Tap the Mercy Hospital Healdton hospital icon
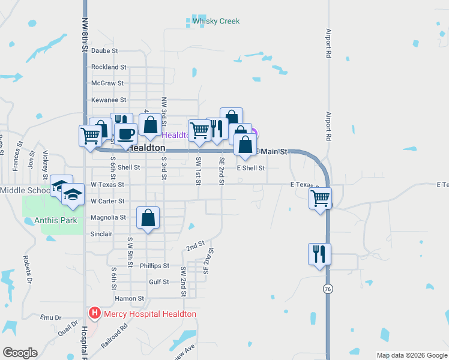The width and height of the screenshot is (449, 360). [x=95, y=313]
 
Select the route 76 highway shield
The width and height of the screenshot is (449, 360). [x=327, y=289]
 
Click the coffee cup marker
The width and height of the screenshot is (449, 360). [x=125, y=134]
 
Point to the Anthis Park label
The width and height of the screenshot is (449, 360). [x=51, y=221]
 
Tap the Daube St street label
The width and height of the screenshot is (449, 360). [x=104, y=51]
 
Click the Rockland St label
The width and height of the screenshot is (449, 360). [x=109, y=67]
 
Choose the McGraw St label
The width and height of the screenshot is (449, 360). [x=107, y=83]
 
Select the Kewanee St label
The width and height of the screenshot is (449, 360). [x=108, y=100]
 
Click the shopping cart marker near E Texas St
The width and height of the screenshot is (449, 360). [x=321, y=197]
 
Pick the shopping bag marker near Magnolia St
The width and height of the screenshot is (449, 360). [x=148, y=218]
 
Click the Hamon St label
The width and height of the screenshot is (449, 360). [x=130, y=298]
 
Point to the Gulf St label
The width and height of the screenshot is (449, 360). [x=158, y=282]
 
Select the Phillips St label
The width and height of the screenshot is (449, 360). [x=155, y=266]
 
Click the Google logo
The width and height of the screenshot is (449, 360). [x=20, y=353]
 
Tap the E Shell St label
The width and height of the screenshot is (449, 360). [x=250, y=168]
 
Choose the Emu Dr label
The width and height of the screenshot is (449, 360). [x=50, y=317]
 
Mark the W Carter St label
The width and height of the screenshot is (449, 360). [x=107, y=201]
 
